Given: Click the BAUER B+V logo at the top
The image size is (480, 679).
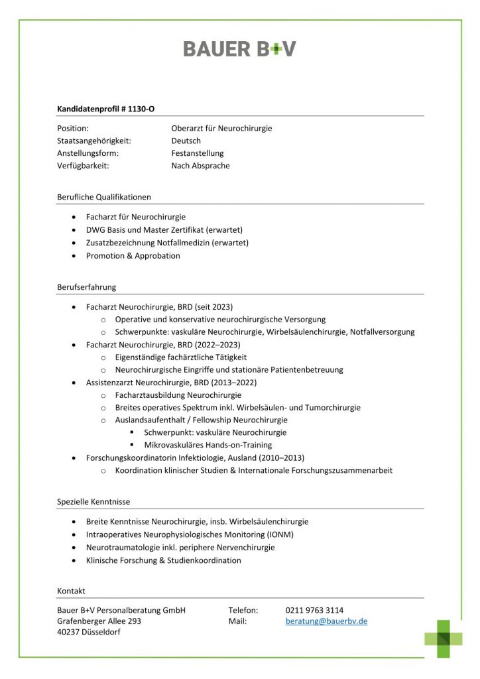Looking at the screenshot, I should [x=239, y=48].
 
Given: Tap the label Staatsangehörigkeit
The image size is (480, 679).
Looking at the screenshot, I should [x=94, y=141].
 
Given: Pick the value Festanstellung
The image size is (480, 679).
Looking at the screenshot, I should [x=198, y=153].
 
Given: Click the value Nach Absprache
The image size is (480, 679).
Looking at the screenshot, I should [x=200, y=166].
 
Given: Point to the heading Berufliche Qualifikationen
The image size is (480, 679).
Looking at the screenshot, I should [x=104, y=197].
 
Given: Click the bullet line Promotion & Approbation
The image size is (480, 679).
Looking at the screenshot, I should [x=133, y=255].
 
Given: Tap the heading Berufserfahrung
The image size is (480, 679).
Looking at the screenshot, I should [x=87, y=287].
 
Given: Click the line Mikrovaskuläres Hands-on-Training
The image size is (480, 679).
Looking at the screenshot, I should [x=208, y=445].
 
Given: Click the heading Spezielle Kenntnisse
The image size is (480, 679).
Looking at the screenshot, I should [x=93, y=502].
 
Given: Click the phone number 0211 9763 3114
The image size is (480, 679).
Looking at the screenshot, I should [x=314, y=610].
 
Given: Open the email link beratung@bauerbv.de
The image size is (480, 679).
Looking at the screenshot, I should [x=326, y=621].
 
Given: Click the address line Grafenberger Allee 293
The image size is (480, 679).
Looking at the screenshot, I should [x=99, y=621].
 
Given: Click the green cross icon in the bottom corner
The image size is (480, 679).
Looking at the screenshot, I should [x=444, y=639].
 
